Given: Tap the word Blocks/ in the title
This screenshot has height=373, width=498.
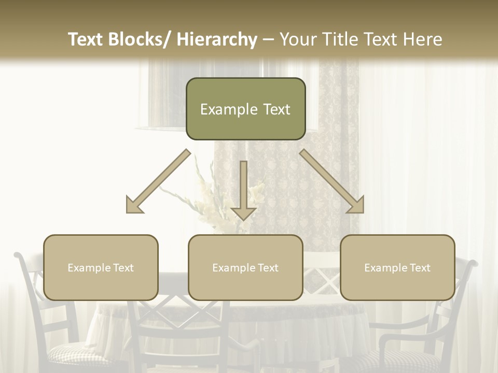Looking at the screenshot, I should click(x=143, y=40).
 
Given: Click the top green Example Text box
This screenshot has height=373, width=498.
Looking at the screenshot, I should click(x=245, y=109).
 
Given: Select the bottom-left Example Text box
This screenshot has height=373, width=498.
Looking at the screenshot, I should click(x=101, y=267).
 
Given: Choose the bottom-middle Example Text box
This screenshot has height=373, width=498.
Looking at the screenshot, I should click(x=245, y=267).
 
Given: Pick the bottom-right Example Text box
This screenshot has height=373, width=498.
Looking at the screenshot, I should click(x=397, y=267).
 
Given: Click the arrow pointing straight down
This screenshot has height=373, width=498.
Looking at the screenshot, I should click(x=243, y=192).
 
